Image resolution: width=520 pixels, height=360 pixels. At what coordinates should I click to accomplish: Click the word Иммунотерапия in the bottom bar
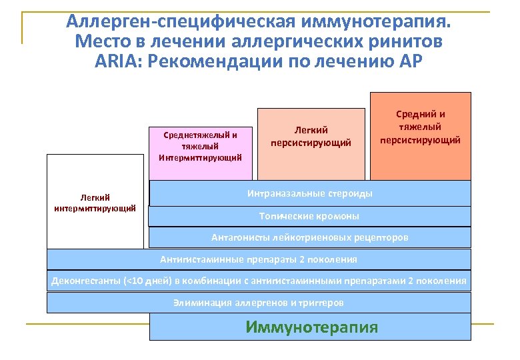pos(311,327)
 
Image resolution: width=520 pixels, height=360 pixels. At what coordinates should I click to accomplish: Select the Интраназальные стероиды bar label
pos(310,193)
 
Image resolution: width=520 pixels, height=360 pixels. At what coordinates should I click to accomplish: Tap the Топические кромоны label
pos(309,216)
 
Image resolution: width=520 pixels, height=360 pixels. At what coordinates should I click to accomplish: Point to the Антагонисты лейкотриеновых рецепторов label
pos(309,237)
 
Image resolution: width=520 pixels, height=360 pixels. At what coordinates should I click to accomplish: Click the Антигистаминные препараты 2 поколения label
pos(259,259)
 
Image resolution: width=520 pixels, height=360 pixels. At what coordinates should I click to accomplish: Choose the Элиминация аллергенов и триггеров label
pos(259,303)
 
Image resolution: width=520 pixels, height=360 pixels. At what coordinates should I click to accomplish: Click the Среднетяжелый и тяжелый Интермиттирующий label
pos(201,146)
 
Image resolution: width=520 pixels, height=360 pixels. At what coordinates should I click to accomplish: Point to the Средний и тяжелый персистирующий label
pos(420,127)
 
